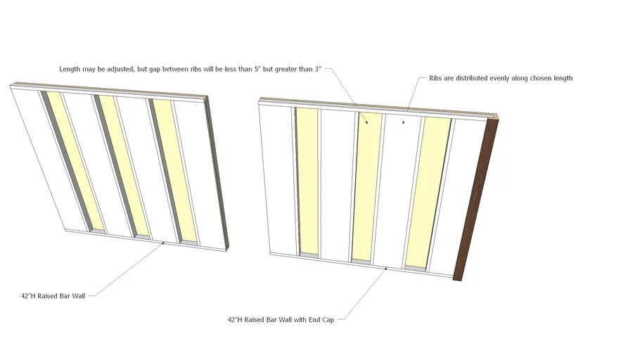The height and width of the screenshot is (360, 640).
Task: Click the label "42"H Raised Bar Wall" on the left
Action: (x=53, y=296)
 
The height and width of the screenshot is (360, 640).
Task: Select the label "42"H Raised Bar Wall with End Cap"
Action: (x=280, y=319)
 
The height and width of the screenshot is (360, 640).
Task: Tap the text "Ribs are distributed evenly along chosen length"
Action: (x=500, y=78)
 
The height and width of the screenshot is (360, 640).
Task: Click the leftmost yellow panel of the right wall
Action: (x=307, y=183)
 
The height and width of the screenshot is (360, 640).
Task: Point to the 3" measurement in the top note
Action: (x=317, y=69)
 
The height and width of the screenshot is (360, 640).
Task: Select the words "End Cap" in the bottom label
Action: (x=321, y=319)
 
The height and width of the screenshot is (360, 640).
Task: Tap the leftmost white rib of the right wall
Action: (x=277, y=179)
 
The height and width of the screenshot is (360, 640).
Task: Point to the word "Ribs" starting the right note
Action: (x=436, y=78)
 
